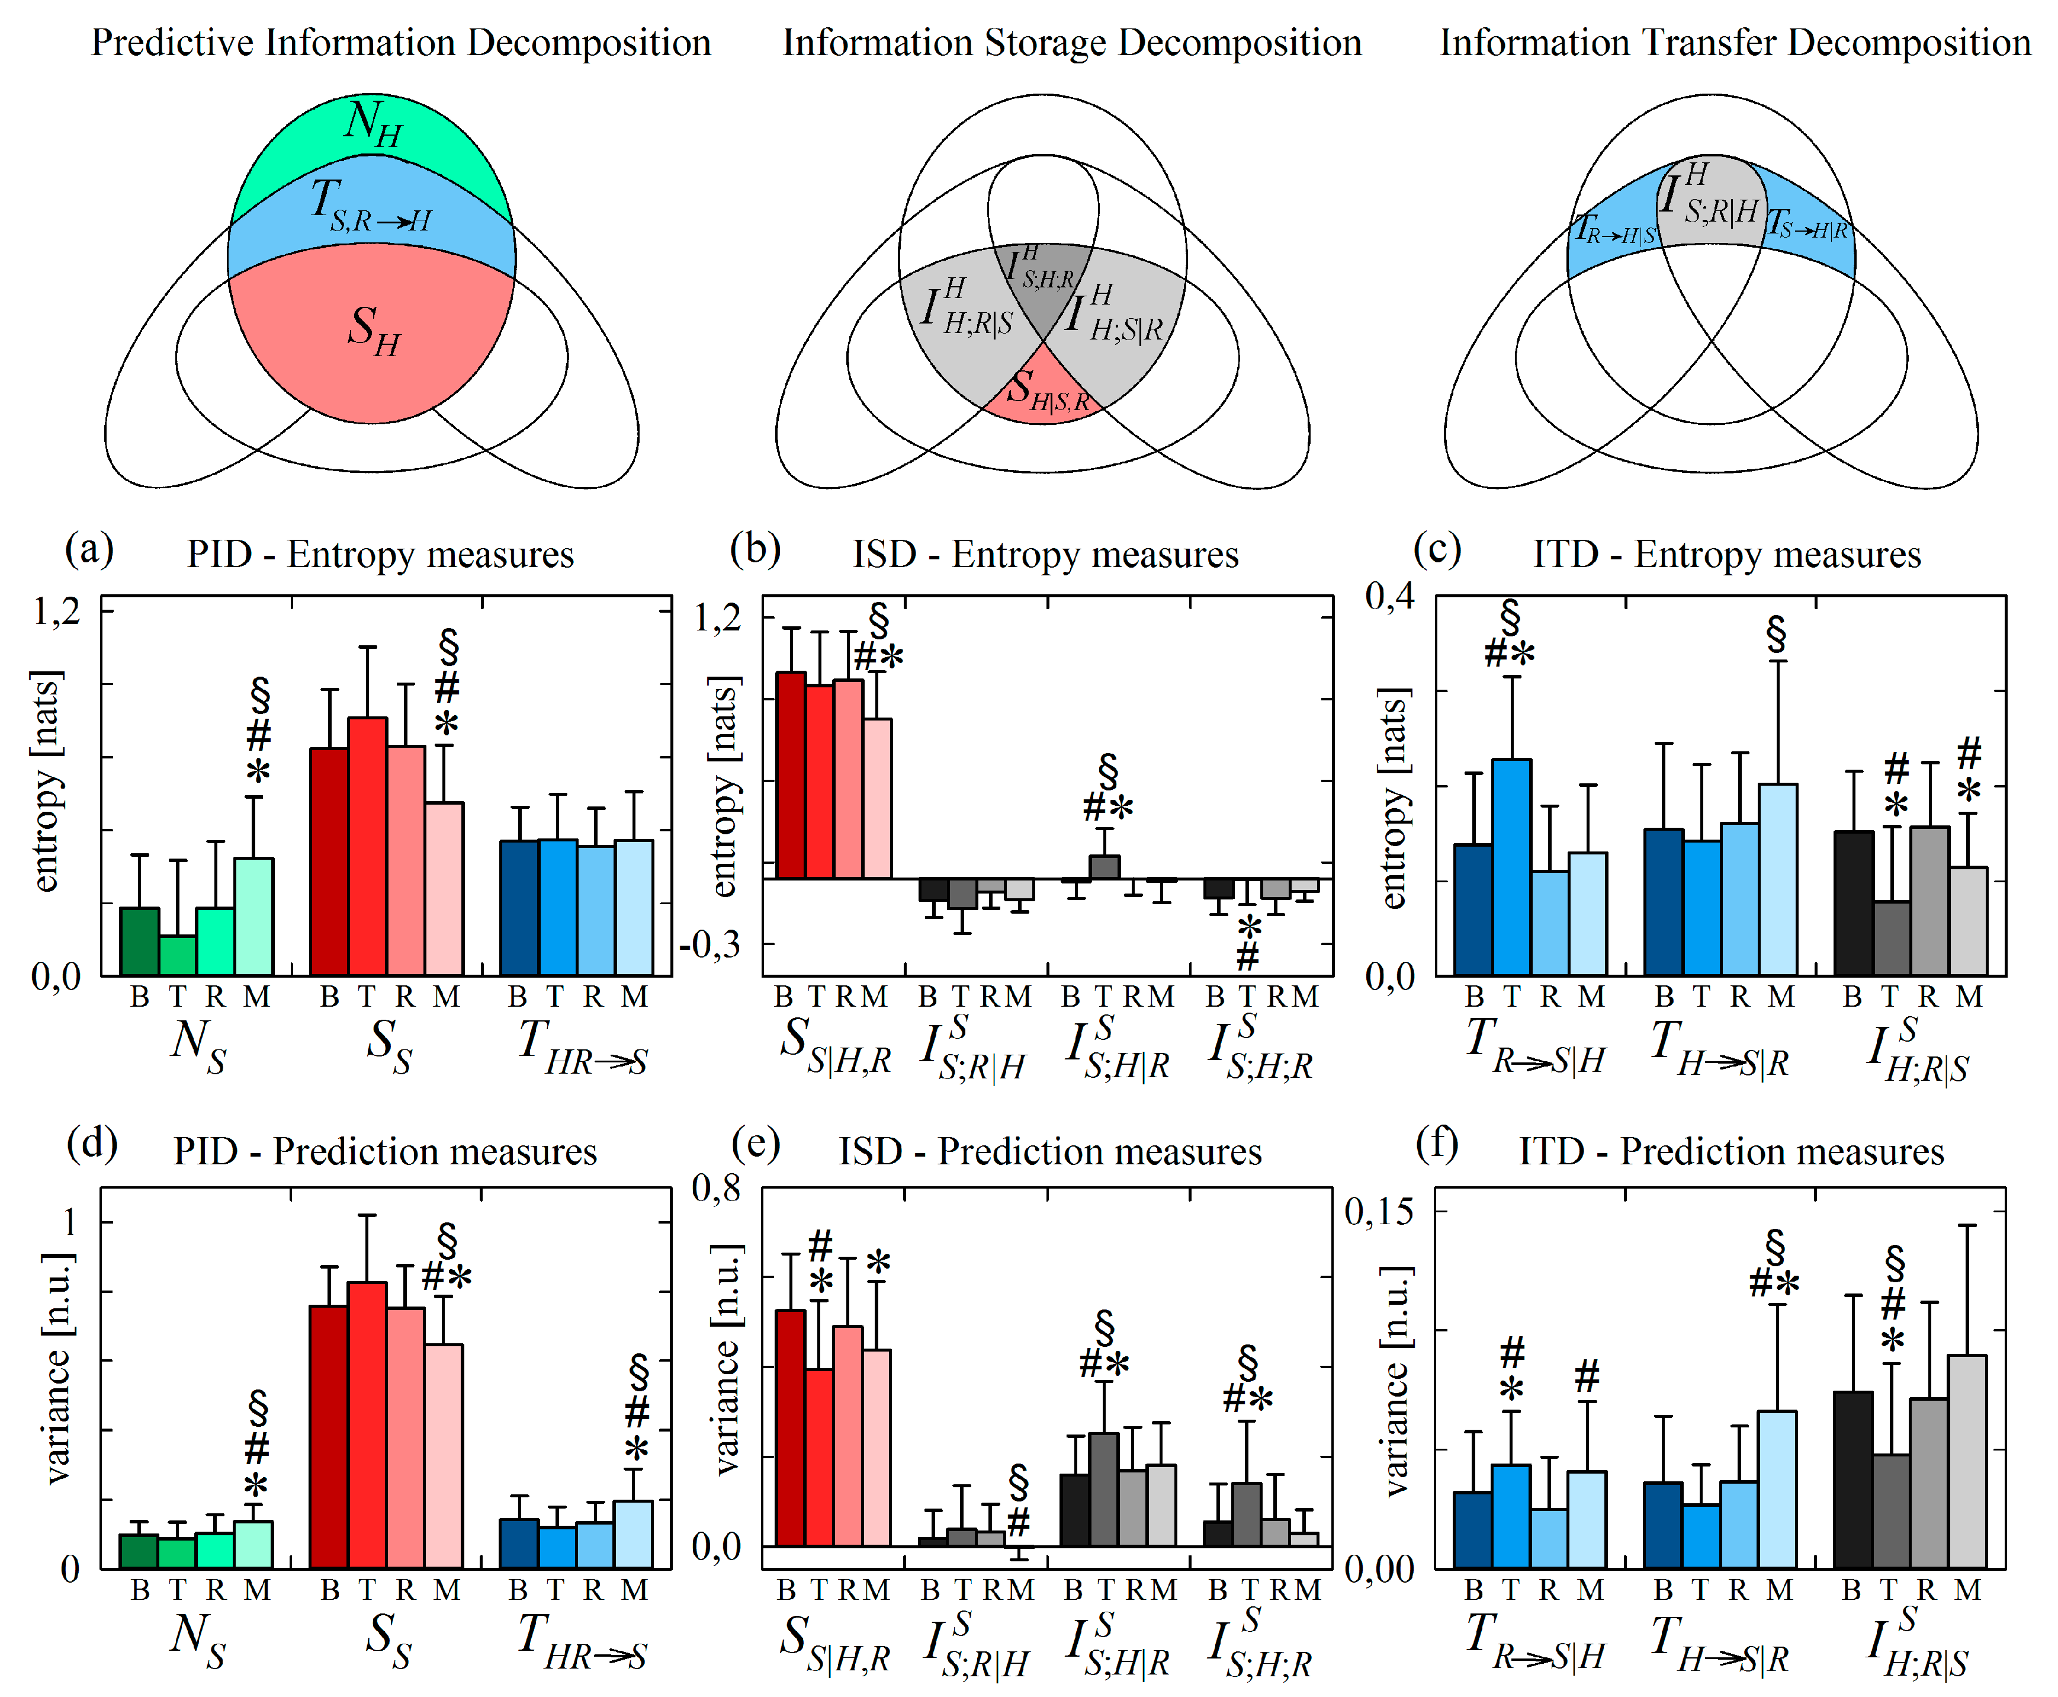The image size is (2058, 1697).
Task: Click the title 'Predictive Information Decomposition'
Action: point(401,43)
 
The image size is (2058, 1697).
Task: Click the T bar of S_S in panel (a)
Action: point(367,846)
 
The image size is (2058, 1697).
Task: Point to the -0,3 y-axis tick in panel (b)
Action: point(711,944)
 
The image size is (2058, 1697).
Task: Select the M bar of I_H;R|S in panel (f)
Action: point(1967,1461)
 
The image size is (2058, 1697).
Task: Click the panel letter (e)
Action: point(755,1143)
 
